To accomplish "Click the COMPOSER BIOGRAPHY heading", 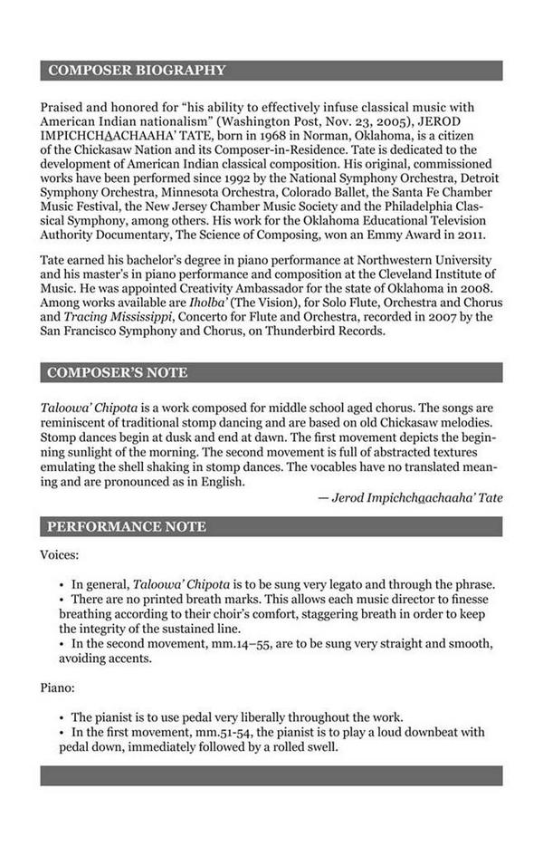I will coord(137,71).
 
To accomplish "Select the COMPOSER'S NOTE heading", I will coord(118,372).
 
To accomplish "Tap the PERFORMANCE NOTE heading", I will coord(127,526).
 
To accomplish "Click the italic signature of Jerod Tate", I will coord(416,497).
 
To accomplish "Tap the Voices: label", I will coord(60,553).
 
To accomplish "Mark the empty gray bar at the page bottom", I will coord(271,775).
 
